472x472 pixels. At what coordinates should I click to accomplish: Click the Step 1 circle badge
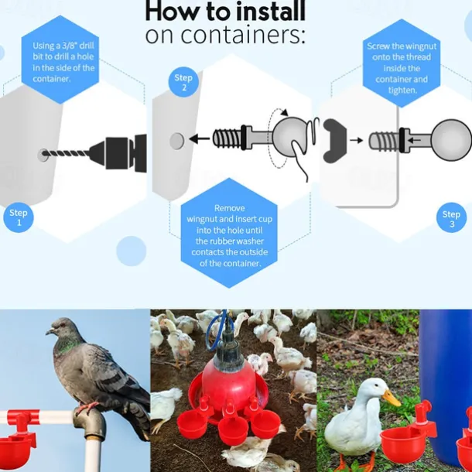coord(19,217)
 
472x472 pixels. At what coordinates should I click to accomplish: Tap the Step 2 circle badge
coord(183,82)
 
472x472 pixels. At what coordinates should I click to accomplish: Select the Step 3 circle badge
coord(451,218)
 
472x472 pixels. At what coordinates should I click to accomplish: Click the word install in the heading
coord(270,12)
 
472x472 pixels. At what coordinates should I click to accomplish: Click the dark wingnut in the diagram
coord(334,141)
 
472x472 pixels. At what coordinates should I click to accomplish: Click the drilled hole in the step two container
coord(176,141)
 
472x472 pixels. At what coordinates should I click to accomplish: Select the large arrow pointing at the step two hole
coord(200,139)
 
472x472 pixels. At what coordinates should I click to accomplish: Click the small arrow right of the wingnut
coord(357,140)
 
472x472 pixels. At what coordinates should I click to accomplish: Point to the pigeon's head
coord(61,327)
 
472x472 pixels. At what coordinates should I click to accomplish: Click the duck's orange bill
coord(392,398)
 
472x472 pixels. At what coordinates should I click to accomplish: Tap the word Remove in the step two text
coord(229,208)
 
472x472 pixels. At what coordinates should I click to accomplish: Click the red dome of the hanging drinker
coord(229,383)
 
